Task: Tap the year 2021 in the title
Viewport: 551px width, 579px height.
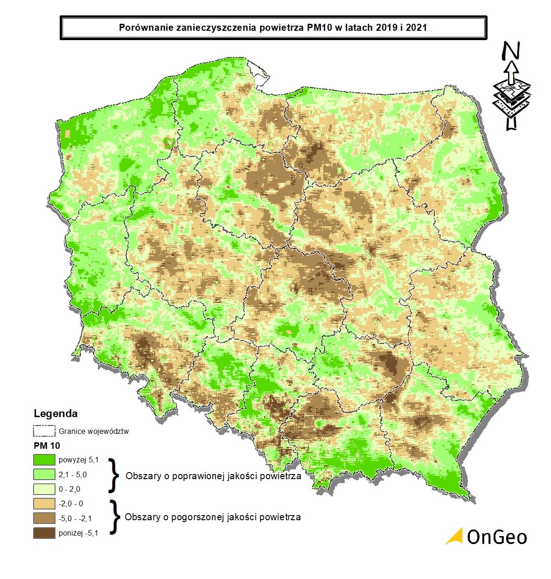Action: coord(417,28)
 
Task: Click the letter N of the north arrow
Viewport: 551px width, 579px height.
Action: coord(512,51)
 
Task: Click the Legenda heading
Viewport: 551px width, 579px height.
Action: coord(56,413)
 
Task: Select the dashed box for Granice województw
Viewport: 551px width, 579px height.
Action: coord(44,431)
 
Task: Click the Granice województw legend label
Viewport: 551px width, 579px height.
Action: coord(93,431)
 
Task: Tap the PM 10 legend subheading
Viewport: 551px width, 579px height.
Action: coord(47,446)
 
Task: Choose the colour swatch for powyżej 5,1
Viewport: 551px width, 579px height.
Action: coord(44,460)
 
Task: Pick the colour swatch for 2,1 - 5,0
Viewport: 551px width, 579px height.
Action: coord(44,474)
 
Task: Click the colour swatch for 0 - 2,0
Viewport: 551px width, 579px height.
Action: coord(44,489)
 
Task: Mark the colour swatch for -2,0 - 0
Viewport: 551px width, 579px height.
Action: coord(44,503)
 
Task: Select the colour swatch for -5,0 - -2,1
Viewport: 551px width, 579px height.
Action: coord(44,518)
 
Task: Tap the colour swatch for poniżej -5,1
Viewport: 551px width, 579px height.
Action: coord(44,533)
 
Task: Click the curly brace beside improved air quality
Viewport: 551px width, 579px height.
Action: coord(112,475)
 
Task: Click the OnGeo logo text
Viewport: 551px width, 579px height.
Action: coord(496,537)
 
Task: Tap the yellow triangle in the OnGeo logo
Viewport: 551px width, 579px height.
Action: coord(454,537)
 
